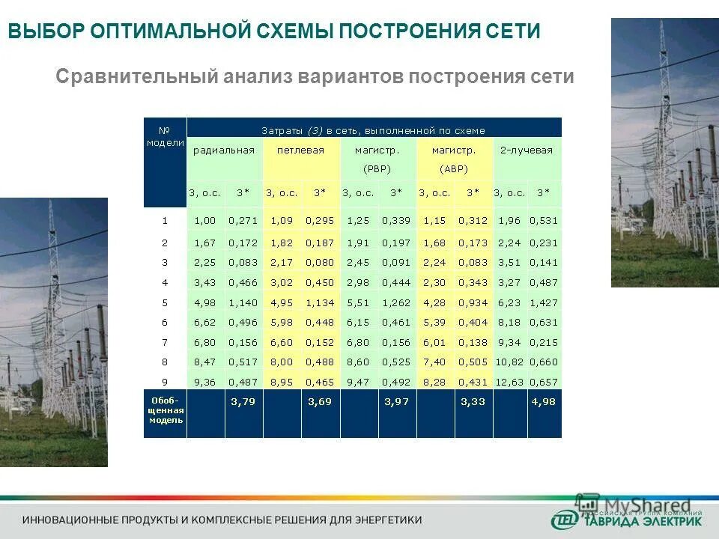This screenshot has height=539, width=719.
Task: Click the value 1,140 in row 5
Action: (x=243, y=303)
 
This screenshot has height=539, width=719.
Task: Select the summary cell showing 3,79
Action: (x=243, y=402)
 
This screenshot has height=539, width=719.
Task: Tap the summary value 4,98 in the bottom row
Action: (x=544, y=402)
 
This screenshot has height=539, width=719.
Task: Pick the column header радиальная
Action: (x=224, y=150)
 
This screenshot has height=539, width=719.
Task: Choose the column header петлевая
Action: (x=300, y=150)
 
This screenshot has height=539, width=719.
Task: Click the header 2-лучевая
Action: (x=527, y=150)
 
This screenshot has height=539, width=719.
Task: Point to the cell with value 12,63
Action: (x=509, y=382)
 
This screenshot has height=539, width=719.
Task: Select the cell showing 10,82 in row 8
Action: (x=509, y=362)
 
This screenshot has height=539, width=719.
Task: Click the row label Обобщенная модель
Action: (x=166, y=411)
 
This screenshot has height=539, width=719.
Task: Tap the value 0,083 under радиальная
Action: (x=243, y=263)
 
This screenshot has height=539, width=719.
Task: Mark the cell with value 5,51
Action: (x=357, y=303)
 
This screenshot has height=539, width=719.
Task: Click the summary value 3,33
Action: (x=472, y=402)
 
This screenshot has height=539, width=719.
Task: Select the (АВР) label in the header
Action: (x=453, y=168)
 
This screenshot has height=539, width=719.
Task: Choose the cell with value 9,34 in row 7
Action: (x=509, y=343)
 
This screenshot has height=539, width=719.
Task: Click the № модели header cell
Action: (x=166, y=135)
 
